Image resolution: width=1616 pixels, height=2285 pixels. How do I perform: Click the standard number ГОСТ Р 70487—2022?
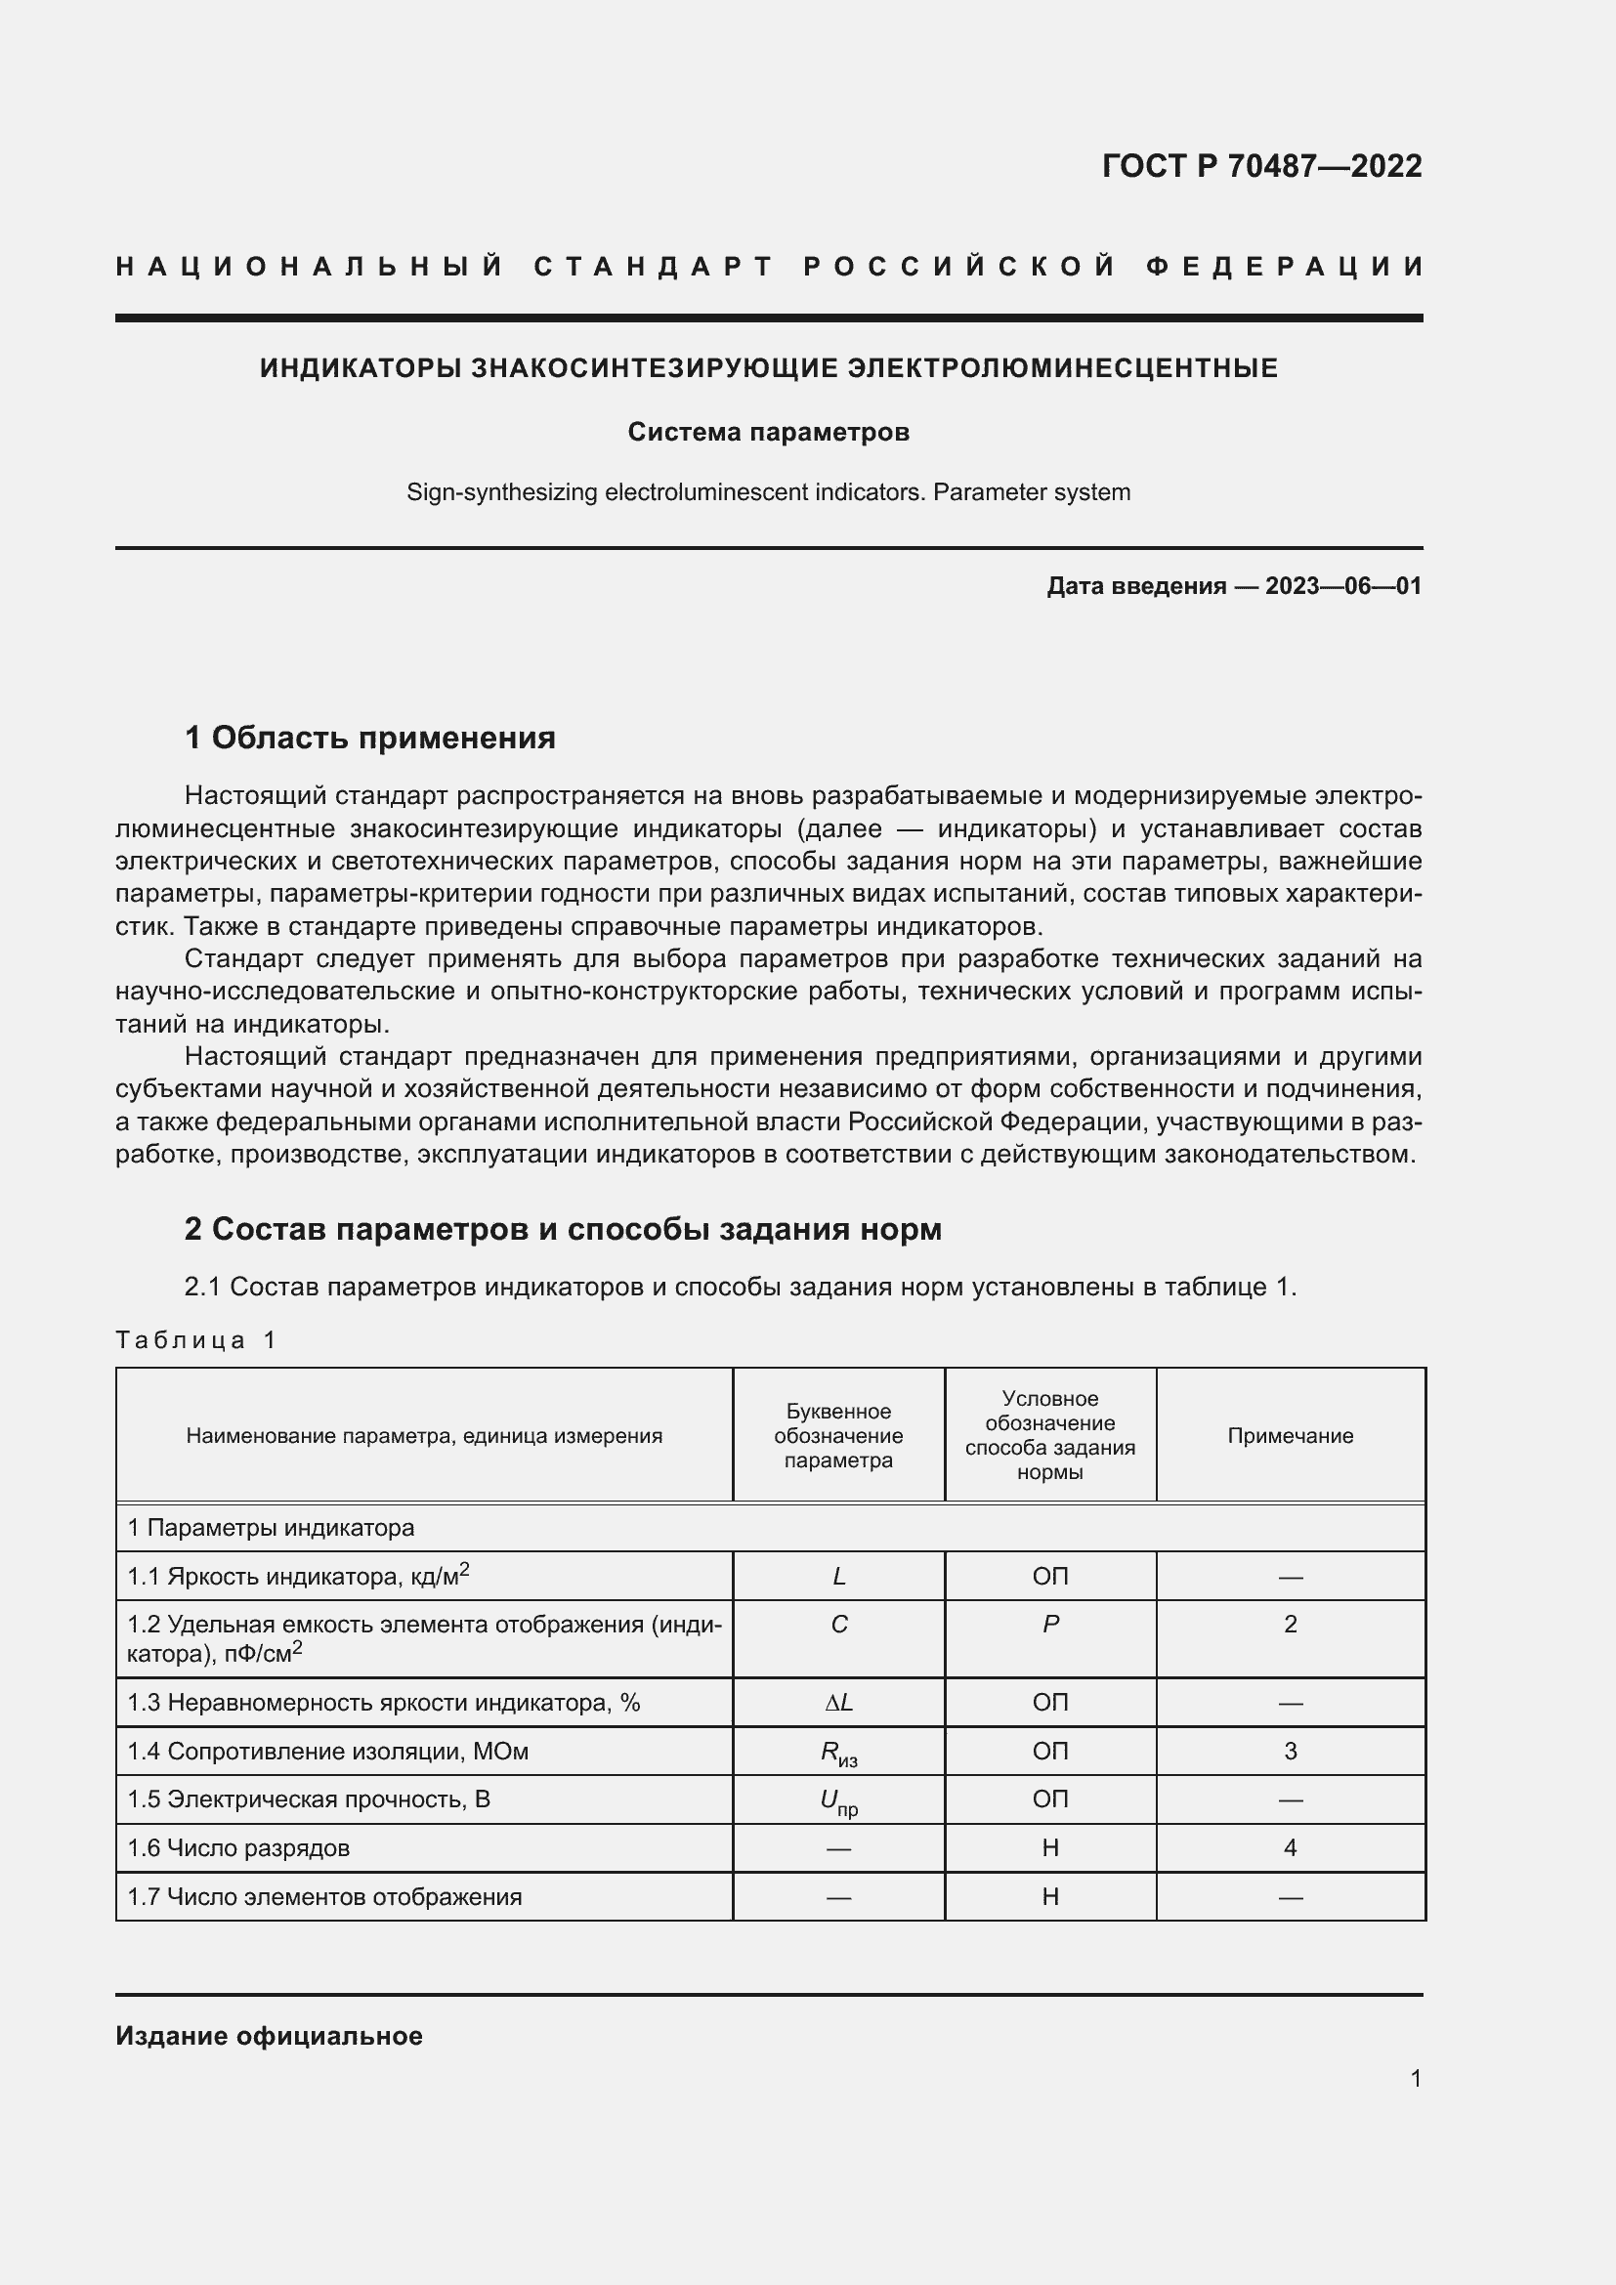(1260, 165)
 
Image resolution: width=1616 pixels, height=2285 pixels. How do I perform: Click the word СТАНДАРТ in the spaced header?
(654, 267)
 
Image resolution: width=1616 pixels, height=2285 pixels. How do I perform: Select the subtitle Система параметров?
(768, 432)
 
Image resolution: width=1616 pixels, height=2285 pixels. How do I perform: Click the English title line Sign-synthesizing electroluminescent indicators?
(768, 492)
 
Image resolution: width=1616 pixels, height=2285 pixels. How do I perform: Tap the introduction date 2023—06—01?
(1342, 586)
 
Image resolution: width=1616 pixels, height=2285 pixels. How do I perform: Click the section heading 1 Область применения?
(370, 738)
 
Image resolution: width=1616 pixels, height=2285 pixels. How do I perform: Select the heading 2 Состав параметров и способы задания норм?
(562, 1229)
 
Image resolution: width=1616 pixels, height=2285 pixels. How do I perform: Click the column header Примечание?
(1290, 1435)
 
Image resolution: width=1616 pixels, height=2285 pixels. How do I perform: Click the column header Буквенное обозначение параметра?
(838, 1435)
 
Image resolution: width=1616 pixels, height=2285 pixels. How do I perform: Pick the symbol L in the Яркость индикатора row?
(839, 1577)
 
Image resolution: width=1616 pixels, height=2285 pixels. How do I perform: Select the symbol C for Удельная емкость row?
(839, 1625)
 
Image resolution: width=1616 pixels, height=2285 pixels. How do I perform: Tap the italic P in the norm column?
(1049, 1625)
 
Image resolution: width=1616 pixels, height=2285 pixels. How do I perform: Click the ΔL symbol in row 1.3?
(839, 1703)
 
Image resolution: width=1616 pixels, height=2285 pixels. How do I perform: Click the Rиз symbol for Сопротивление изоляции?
(839, 1753)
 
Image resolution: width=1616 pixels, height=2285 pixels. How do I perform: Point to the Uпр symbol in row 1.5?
(839, 1801)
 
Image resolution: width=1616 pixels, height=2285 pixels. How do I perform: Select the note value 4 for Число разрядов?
(1290, 1848)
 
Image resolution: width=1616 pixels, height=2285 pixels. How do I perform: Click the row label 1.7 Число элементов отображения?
(324, 1897)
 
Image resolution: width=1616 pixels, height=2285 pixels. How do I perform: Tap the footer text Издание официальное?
(269, 2036)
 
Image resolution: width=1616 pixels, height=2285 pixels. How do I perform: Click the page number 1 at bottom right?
(1415, 2079)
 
